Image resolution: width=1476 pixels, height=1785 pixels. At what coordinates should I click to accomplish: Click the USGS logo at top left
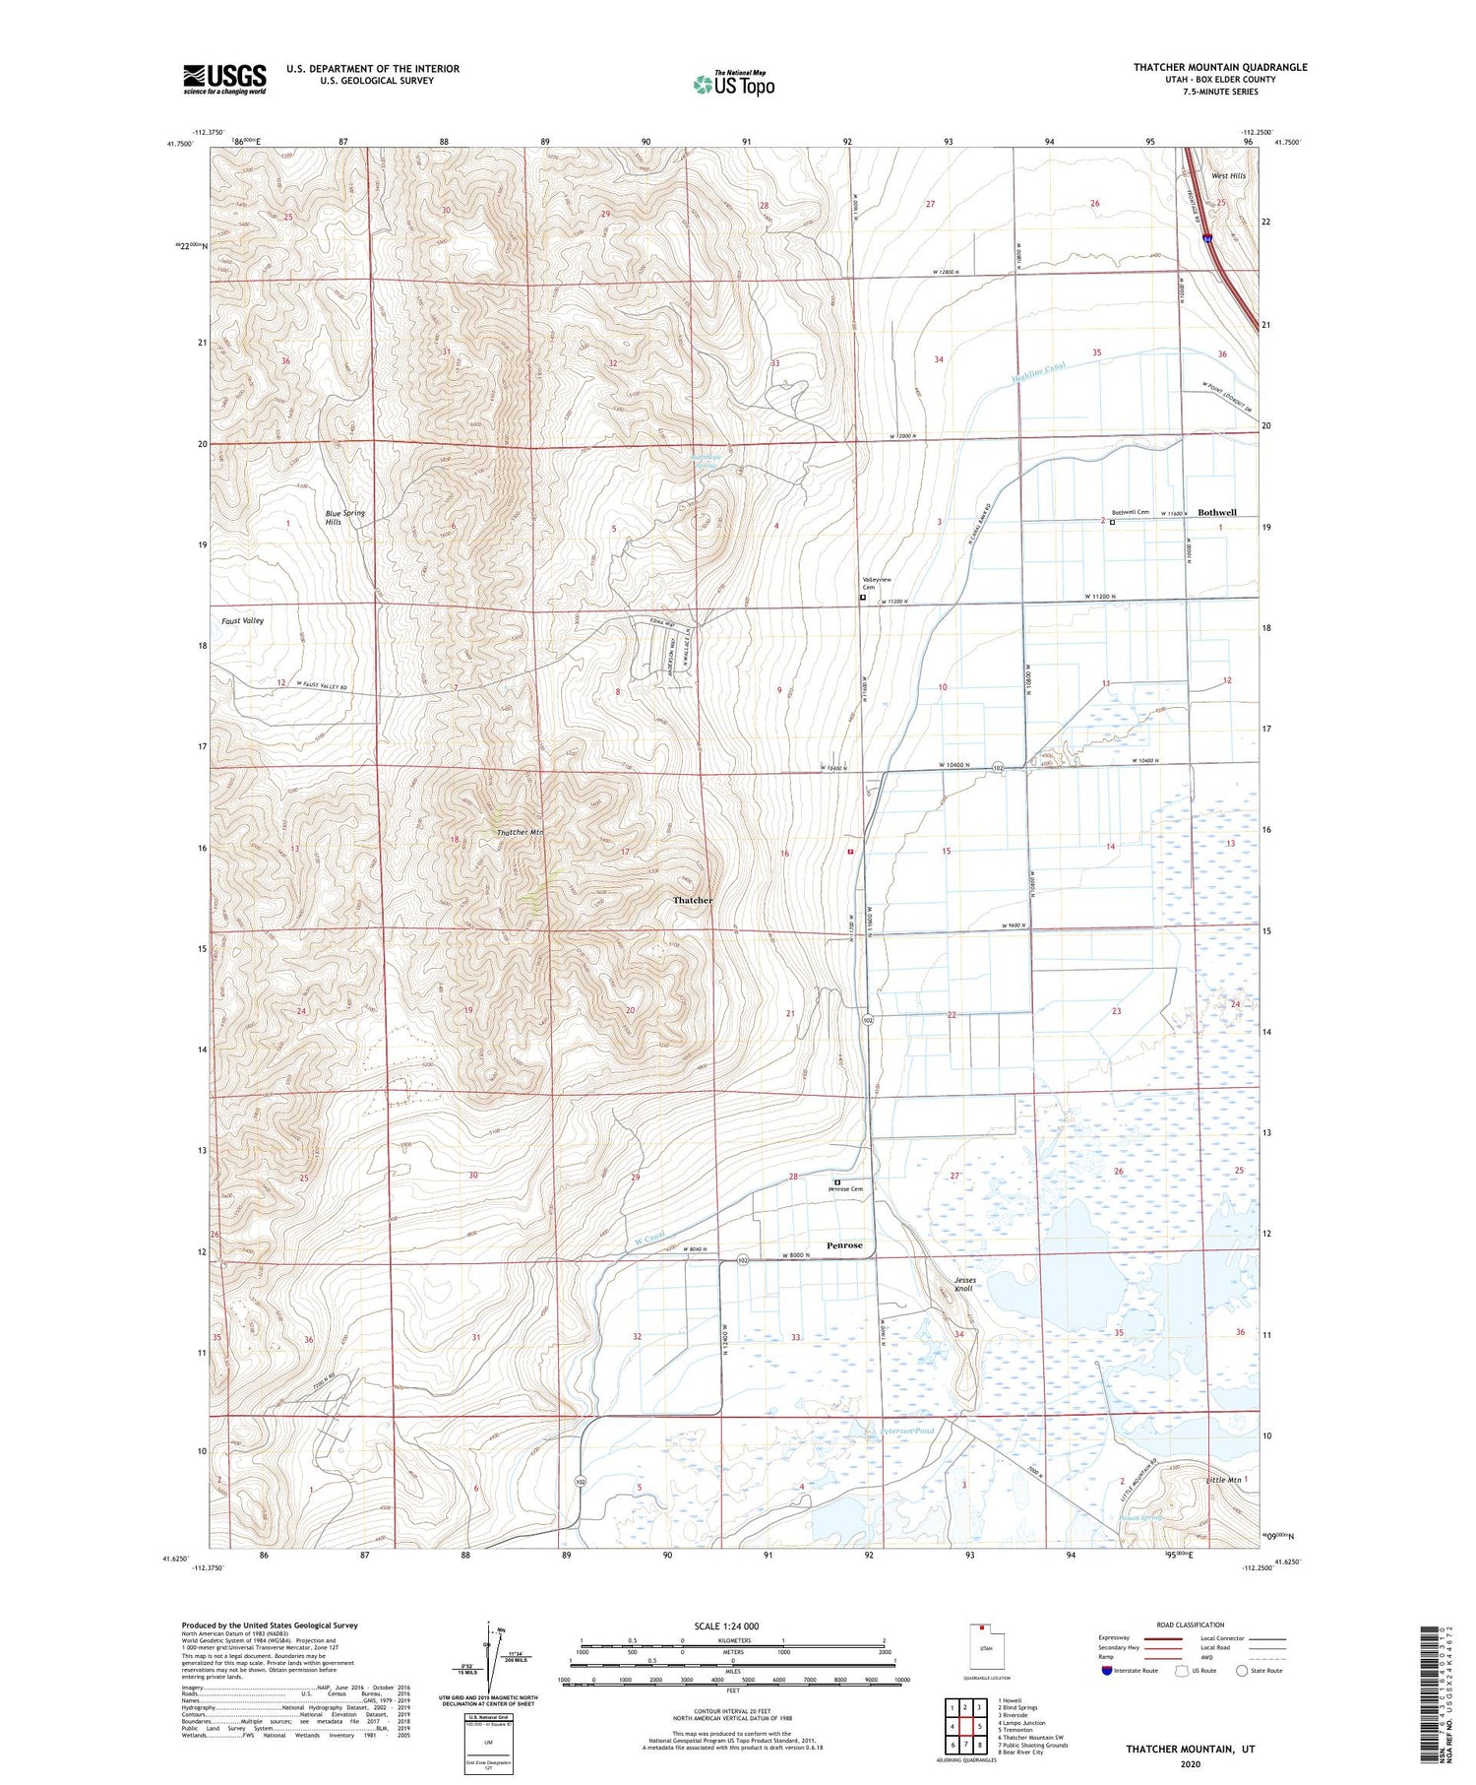[224, 79]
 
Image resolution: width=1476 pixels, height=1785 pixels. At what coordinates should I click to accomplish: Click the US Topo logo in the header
[733, 84]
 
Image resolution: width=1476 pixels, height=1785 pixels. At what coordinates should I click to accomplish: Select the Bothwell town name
[1217, 513]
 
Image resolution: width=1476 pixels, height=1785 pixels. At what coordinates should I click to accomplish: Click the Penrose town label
[844, 1245]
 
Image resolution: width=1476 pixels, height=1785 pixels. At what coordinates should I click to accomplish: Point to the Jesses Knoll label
[964, 1284]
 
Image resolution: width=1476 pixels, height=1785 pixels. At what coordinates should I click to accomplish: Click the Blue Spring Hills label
[345, 518]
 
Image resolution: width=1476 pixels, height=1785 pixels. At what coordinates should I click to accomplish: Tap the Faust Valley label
[242, 621]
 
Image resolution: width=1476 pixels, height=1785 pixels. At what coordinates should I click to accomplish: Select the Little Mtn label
[1223, 1480]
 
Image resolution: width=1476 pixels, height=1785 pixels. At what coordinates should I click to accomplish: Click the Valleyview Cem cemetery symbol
[863, 598]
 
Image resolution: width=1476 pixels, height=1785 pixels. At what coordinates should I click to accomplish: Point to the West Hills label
[1228, 176]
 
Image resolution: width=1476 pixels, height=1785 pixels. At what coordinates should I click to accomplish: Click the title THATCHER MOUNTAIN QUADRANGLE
[1220, 67]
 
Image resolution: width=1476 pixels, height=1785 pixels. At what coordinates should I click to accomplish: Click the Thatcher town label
[693, 901]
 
